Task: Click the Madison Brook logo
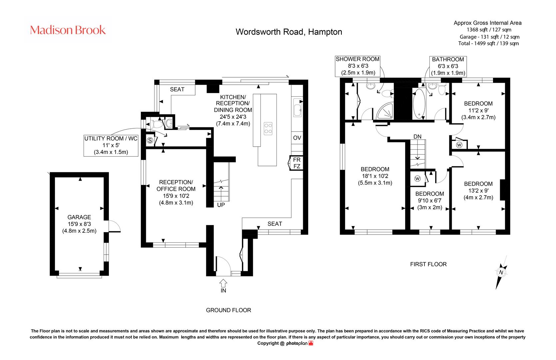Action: pos(68,30)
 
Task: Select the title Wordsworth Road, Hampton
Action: pos(289,32)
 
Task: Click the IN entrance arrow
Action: pos(223,283)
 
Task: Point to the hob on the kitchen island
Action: pos(268,128)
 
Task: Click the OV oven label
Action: pos(297,138)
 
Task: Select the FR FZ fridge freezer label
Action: pos(297,163)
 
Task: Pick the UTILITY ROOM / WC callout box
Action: pos(111,145)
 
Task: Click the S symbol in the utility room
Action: pos(150,141)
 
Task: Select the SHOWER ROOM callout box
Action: pos(357,66)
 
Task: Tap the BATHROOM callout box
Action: pos(448,66)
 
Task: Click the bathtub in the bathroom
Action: pos(419,104)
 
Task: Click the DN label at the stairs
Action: pos(417,137)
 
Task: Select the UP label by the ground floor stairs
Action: pos(221,205)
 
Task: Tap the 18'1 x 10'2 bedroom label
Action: pos(375,176)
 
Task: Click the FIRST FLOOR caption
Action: pos(428,264)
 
